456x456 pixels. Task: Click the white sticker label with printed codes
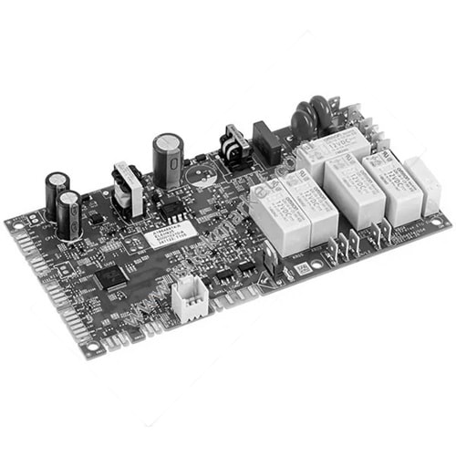coord(172,241)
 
